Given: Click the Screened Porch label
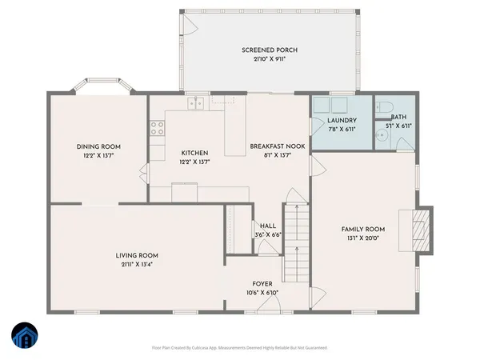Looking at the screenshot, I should (x=263, y=50).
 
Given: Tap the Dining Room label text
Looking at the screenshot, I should (x=98, y=146).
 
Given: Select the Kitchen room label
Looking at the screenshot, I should (x=194, y=153).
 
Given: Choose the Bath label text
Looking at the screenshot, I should (x=398, y=118).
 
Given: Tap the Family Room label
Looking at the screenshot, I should (x=363, y=229).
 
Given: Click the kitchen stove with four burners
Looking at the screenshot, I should (x=158, y=129).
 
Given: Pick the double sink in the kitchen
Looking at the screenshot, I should (x=196, y=102).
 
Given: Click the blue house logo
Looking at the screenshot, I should (x=24, y=337).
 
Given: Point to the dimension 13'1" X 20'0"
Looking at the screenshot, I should (x=363, y=238).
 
